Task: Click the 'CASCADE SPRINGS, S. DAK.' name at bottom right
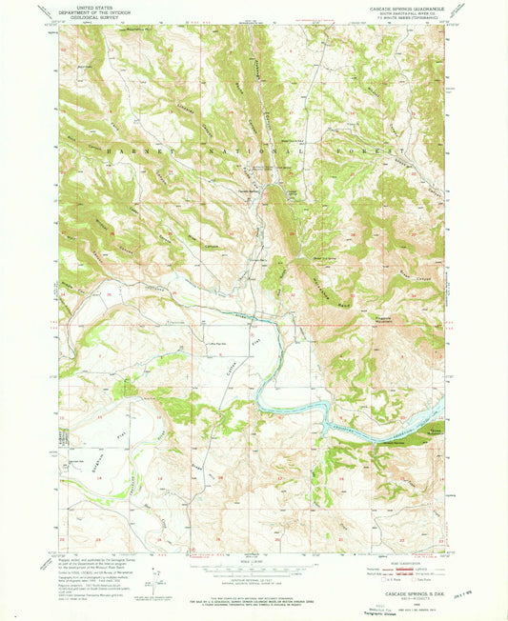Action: (412, 591)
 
